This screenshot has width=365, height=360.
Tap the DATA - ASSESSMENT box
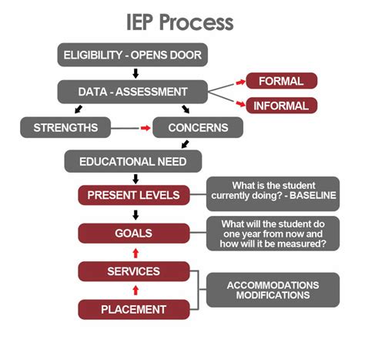(x=133, y=92)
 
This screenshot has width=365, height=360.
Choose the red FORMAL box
(x=281, y=81)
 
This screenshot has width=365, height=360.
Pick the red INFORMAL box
(x=281, y=106)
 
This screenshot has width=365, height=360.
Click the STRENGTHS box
(x=65, y=127)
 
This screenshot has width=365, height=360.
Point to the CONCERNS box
(x=198, y=127)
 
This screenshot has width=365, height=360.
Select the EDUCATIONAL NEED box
(x=133, y=162)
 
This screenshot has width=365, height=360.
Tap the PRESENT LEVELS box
(x=133, y=195)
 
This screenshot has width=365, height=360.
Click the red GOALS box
(x=133, y=233)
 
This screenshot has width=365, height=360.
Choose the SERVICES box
(x=133, y=271)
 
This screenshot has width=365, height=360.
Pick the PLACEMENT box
(x=133, y=309)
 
